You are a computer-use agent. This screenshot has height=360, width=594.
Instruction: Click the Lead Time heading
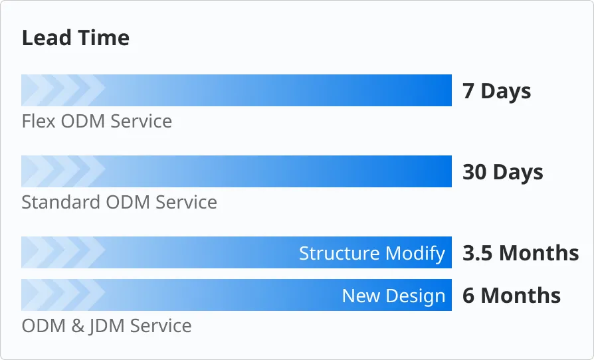76,38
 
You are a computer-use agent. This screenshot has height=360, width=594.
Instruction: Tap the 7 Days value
496,91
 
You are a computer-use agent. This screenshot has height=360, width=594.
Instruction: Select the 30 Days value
502,172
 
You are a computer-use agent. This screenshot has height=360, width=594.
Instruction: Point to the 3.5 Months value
520,253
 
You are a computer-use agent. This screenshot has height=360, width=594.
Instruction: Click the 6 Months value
511,296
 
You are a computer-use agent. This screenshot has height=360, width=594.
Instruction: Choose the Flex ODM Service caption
97,122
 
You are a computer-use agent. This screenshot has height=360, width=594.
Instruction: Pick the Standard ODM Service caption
119,202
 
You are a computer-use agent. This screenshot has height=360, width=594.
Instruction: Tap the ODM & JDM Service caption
106,326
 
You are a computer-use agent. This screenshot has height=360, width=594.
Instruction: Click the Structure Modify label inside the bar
371,253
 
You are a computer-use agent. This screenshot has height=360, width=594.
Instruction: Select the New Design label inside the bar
393,296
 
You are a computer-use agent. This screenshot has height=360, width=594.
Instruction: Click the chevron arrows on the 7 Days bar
64,90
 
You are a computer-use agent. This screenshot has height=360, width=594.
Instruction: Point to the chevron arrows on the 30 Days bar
64,171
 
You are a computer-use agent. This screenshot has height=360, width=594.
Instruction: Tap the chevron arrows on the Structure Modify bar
64,252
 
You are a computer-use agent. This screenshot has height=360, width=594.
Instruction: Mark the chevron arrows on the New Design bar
64,295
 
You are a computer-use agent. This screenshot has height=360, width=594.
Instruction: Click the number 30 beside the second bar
474,172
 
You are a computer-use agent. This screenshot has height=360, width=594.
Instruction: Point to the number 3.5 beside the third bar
478,253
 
